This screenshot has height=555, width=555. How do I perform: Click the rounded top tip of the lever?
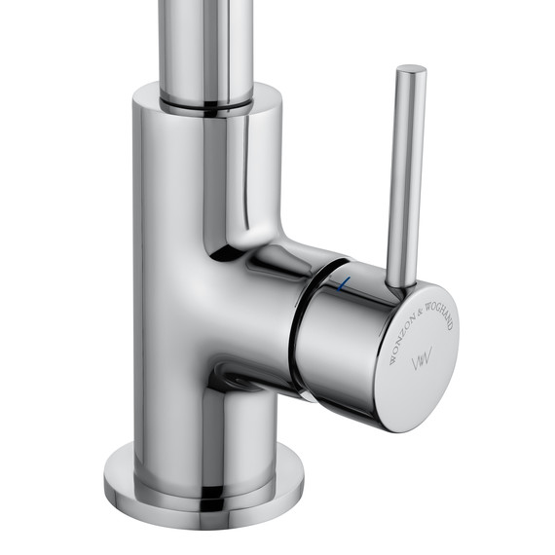(x=411, y=70)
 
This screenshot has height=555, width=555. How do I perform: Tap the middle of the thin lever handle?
(x=404, y=175)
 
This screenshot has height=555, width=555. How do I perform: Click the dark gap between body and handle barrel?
(x=296, y=321)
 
